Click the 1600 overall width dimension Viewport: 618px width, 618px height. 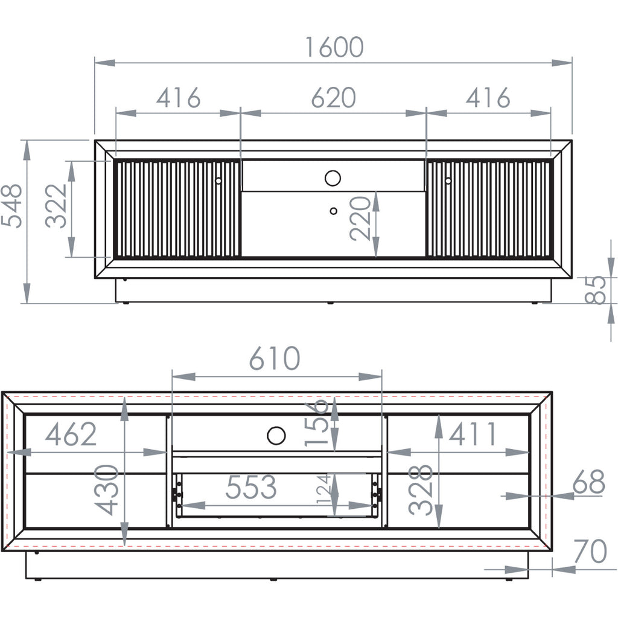334,47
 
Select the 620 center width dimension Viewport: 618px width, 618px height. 333,98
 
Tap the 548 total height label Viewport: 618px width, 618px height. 12,206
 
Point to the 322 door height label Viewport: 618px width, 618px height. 56,206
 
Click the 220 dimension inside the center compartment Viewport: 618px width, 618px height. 360,218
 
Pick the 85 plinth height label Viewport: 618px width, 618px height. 595,290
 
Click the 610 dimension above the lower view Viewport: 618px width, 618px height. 275,358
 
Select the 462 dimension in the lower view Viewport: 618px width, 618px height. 71,435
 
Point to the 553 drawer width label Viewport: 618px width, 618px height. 250,487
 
